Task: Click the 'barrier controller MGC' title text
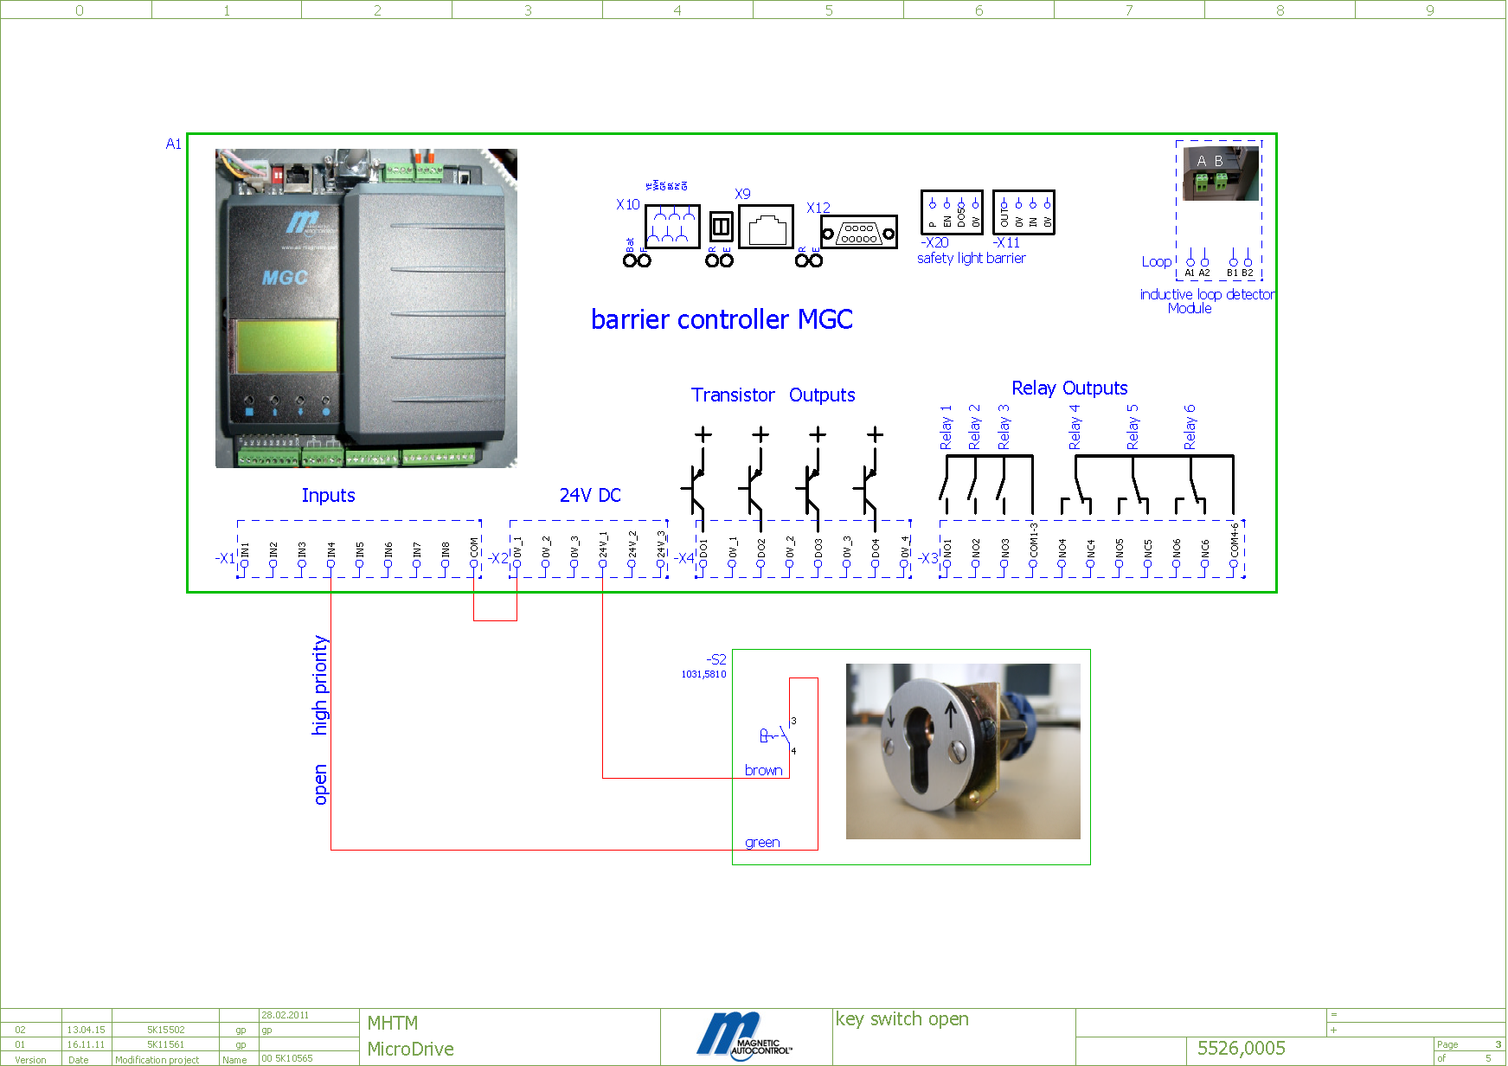click(x=722, y=319)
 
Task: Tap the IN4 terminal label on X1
click(x=330, y=549)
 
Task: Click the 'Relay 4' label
click(x=1075, y=427)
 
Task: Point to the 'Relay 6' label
click(x=1190, y=427)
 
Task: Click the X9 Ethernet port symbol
click(x=766, y=227)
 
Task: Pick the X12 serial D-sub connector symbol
click(x=858, y=233)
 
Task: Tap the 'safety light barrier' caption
click(x=971, y=258)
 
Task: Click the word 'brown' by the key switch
click(x=763, y=770)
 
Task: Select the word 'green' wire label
click(x=762, y=842)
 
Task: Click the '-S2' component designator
click(x=715, y=659)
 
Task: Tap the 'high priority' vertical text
click(x=320, y=685)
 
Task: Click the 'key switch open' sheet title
click(x=902, y=1019)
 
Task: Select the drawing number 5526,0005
click(x=1241, y=1048)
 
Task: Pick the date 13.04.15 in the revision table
click(x=86, y=1030)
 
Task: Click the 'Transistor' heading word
click(x=733, y=395)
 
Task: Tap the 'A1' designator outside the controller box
click(x=173, y=144)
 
